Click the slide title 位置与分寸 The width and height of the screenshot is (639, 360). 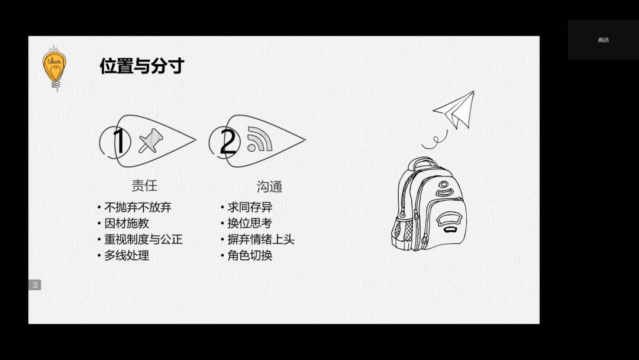(x=142, y=66)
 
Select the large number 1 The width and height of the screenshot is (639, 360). (x=120, y=142)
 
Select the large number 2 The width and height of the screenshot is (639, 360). (x=228, y=142)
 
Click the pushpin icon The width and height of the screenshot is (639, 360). (x=151, y=141)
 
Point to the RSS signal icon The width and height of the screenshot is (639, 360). (x=260, y=139)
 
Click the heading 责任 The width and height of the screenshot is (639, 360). (x=144, y=185)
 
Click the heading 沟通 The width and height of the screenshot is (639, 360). (x=269, y=187)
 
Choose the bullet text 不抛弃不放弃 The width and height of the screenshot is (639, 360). (x=138, y=207)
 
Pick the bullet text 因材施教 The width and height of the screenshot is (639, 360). (x=127, y=223)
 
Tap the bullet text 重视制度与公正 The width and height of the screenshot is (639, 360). (x=143, y=239)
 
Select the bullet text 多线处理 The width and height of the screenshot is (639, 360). (x=127, y=256)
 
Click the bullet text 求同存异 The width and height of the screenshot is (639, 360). (x=250, y=207)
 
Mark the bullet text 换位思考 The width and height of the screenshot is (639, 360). (x=250, y=223)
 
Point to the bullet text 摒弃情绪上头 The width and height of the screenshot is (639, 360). (x=261, y=239)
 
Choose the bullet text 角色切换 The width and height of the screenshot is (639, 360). (x=250, y=256)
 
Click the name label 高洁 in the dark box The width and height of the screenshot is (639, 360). (x=603, y=40)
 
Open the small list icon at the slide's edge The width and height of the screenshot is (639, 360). (x=35, y=285)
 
